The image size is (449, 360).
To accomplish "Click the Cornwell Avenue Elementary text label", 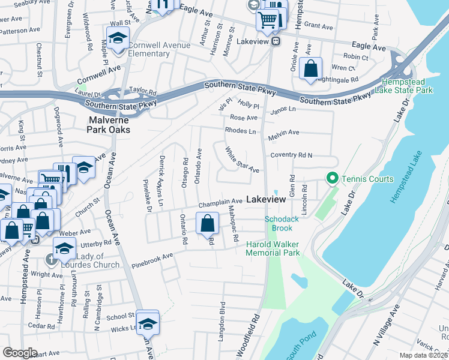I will pyautogui.click(x=158, y=49).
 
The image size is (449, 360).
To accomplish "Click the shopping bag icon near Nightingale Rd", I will pyautogui.click(x=310, y=67).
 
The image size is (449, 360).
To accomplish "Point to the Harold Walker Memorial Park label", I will pyautogui.click(x=273, y=248).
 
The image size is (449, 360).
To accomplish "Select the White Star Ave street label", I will pyautogui.click(x=242, y=160).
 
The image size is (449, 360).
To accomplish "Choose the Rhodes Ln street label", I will pyautogui.click(x=240, y=130).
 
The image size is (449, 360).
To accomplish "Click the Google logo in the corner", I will pyautogui.click(x=20, y=353).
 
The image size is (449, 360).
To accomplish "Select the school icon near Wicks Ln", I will pyautogui.click(x=147, y=322).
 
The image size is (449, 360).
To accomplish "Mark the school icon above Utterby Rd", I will pyautogui.click(x=64, y=247).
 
